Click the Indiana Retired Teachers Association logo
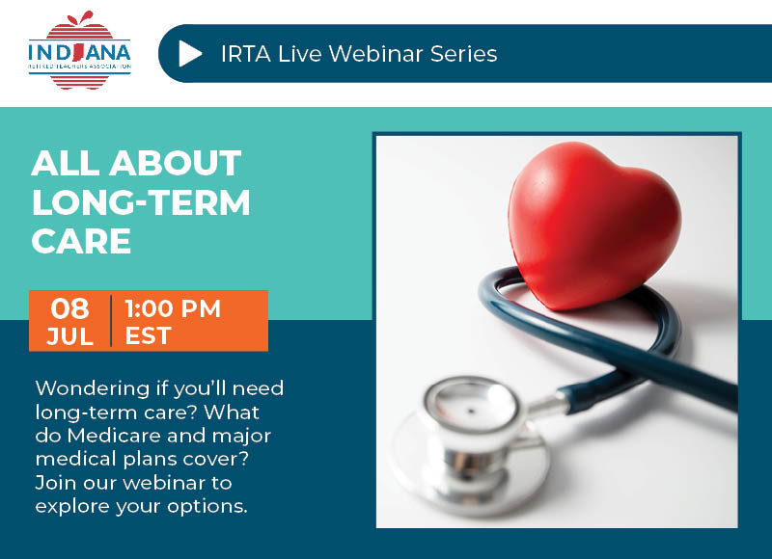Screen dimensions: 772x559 point(80,50)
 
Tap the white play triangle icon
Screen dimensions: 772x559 point(190,53)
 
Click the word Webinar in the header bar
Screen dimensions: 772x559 point(375,54)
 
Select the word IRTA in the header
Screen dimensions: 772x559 point(246,54)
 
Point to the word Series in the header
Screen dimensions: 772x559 point(464,54)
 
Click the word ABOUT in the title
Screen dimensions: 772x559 point(176,163)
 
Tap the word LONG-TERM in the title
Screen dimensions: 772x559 point(141,202)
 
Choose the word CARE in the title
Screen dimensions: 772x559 point(81,241)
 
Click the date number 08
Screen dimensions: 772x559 point(69,308)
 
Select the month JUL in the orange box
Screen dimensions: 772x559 point(69,336)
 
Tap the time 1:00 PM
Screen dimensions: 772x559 point(173,308)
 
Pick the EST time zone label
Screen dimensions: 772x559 point(148,336)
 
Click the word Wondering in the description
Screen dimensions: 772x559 point(93,389)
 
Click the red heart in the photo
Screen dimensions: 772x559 point(593,226)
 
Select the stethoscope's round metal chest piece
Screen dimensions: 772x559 point(471,445)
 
